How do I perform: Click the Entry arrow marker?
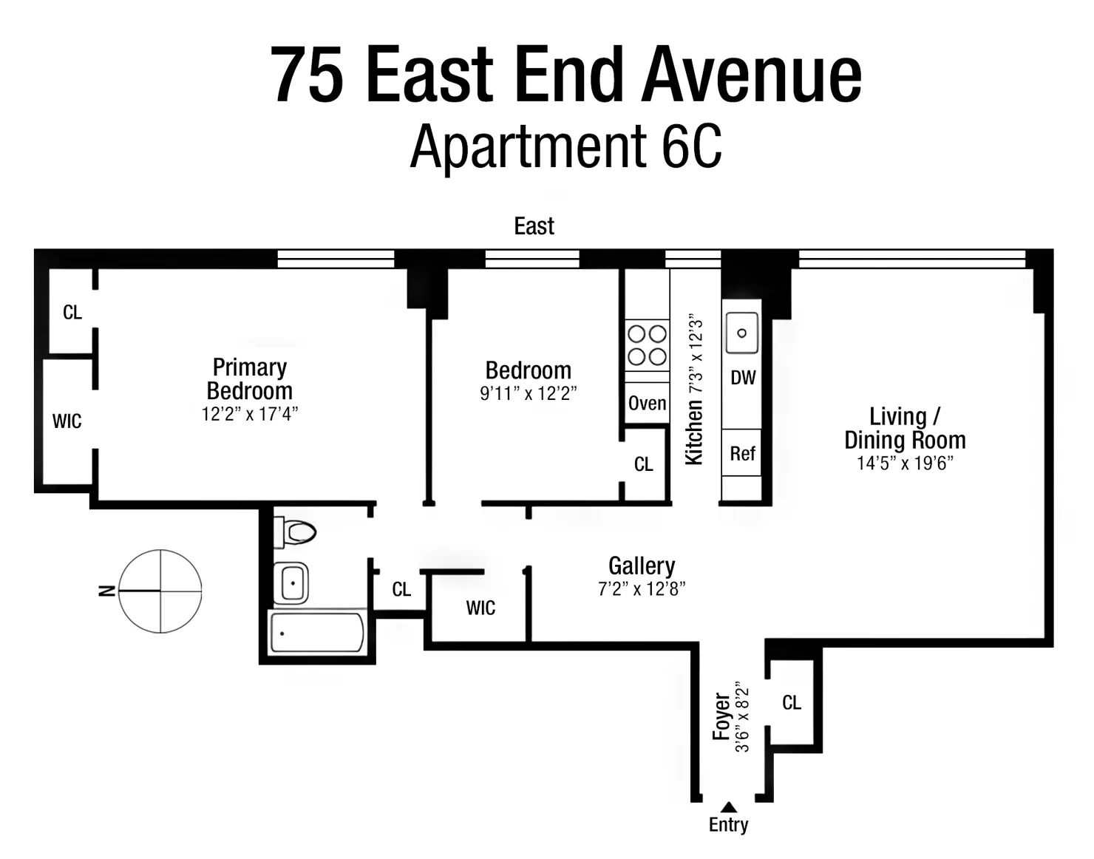point(728,807)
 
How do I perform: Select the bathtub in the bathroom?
point(317,634)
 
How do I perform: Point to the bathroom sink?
point(291,583)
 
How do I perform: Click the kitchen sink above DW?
point(741,333)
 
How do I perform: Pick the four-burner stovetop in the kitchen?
point(647,345)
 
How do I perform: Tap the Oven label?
point(647,404)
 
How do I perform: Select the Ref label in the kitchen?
point(742,453)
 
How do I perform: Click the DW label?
point(743,378)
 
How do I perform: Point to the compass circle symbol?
point(160,591)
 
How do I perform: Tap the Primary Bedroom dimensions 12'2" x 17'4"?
point(249,414)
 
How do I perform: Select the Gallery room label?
point(641,566)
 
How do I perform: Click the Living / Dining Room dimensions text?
point(905,464)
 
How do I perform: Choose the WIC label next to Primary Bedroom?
point(67,421)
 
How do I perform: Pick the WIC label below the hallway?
point(480,608)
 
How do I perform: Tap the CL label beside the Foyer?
point(792,702)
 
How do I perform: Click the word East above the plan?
point(534,226)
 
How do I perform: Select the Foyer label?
point(721,716)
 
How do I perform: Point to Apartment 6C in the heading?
point(565,146)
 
